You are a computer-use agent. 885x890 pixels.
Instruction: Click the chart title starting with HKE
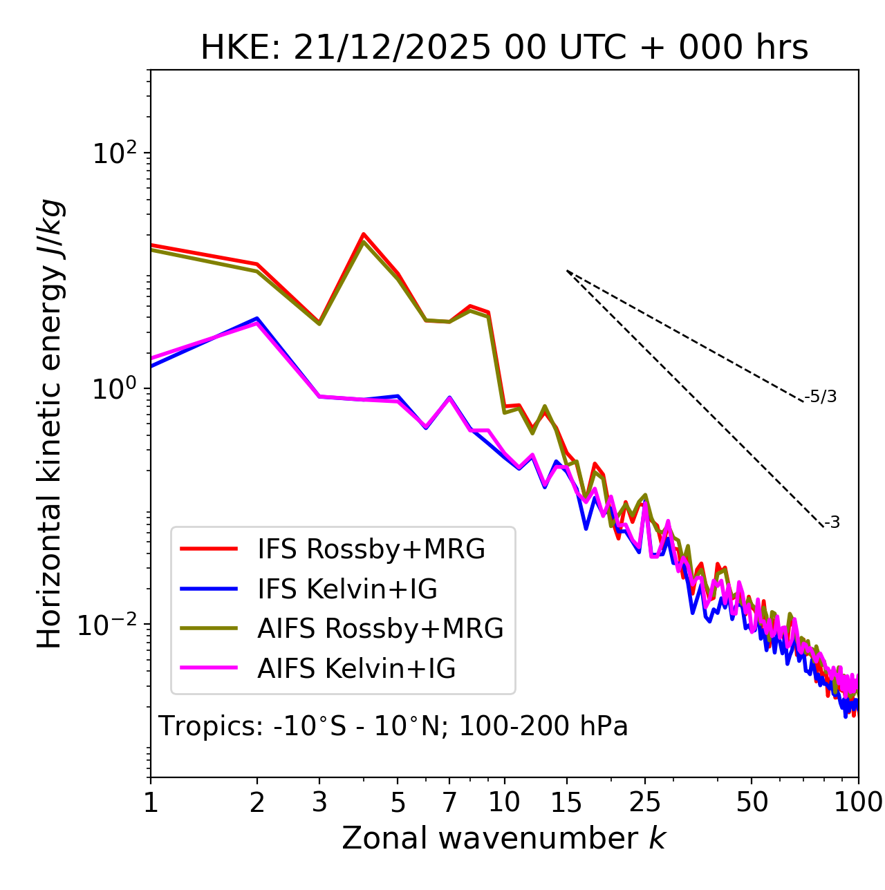(504, 48)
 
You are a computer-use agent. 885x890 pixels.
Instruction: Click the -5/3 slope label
(821, 397)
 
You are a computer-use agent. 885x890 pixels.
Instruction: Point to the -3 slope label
(832, 522)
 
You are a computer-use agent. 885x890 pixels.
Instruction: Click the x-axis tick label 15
(566, 802)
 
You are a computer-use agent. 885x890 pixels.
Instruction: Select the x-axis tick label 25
(645, 802)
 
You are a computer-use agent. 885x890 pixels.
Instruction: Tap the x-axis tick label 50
(752, 802)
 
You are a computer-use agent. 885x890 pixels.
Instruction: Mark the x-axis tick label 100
(858, 802)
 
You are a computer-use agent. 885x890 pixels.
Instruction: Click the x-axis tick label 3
(319, 802)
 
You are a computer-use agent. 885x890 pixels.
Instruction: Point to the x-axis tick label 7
(449, 802)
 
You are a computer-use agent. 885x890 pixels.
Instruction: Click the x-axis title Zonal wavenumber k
(504, 838)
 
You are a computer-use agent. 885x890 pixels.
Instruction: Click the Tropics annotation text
(393, 726)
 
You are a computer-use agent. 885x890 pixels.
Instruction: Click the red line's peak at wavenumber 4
(363, 234)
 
